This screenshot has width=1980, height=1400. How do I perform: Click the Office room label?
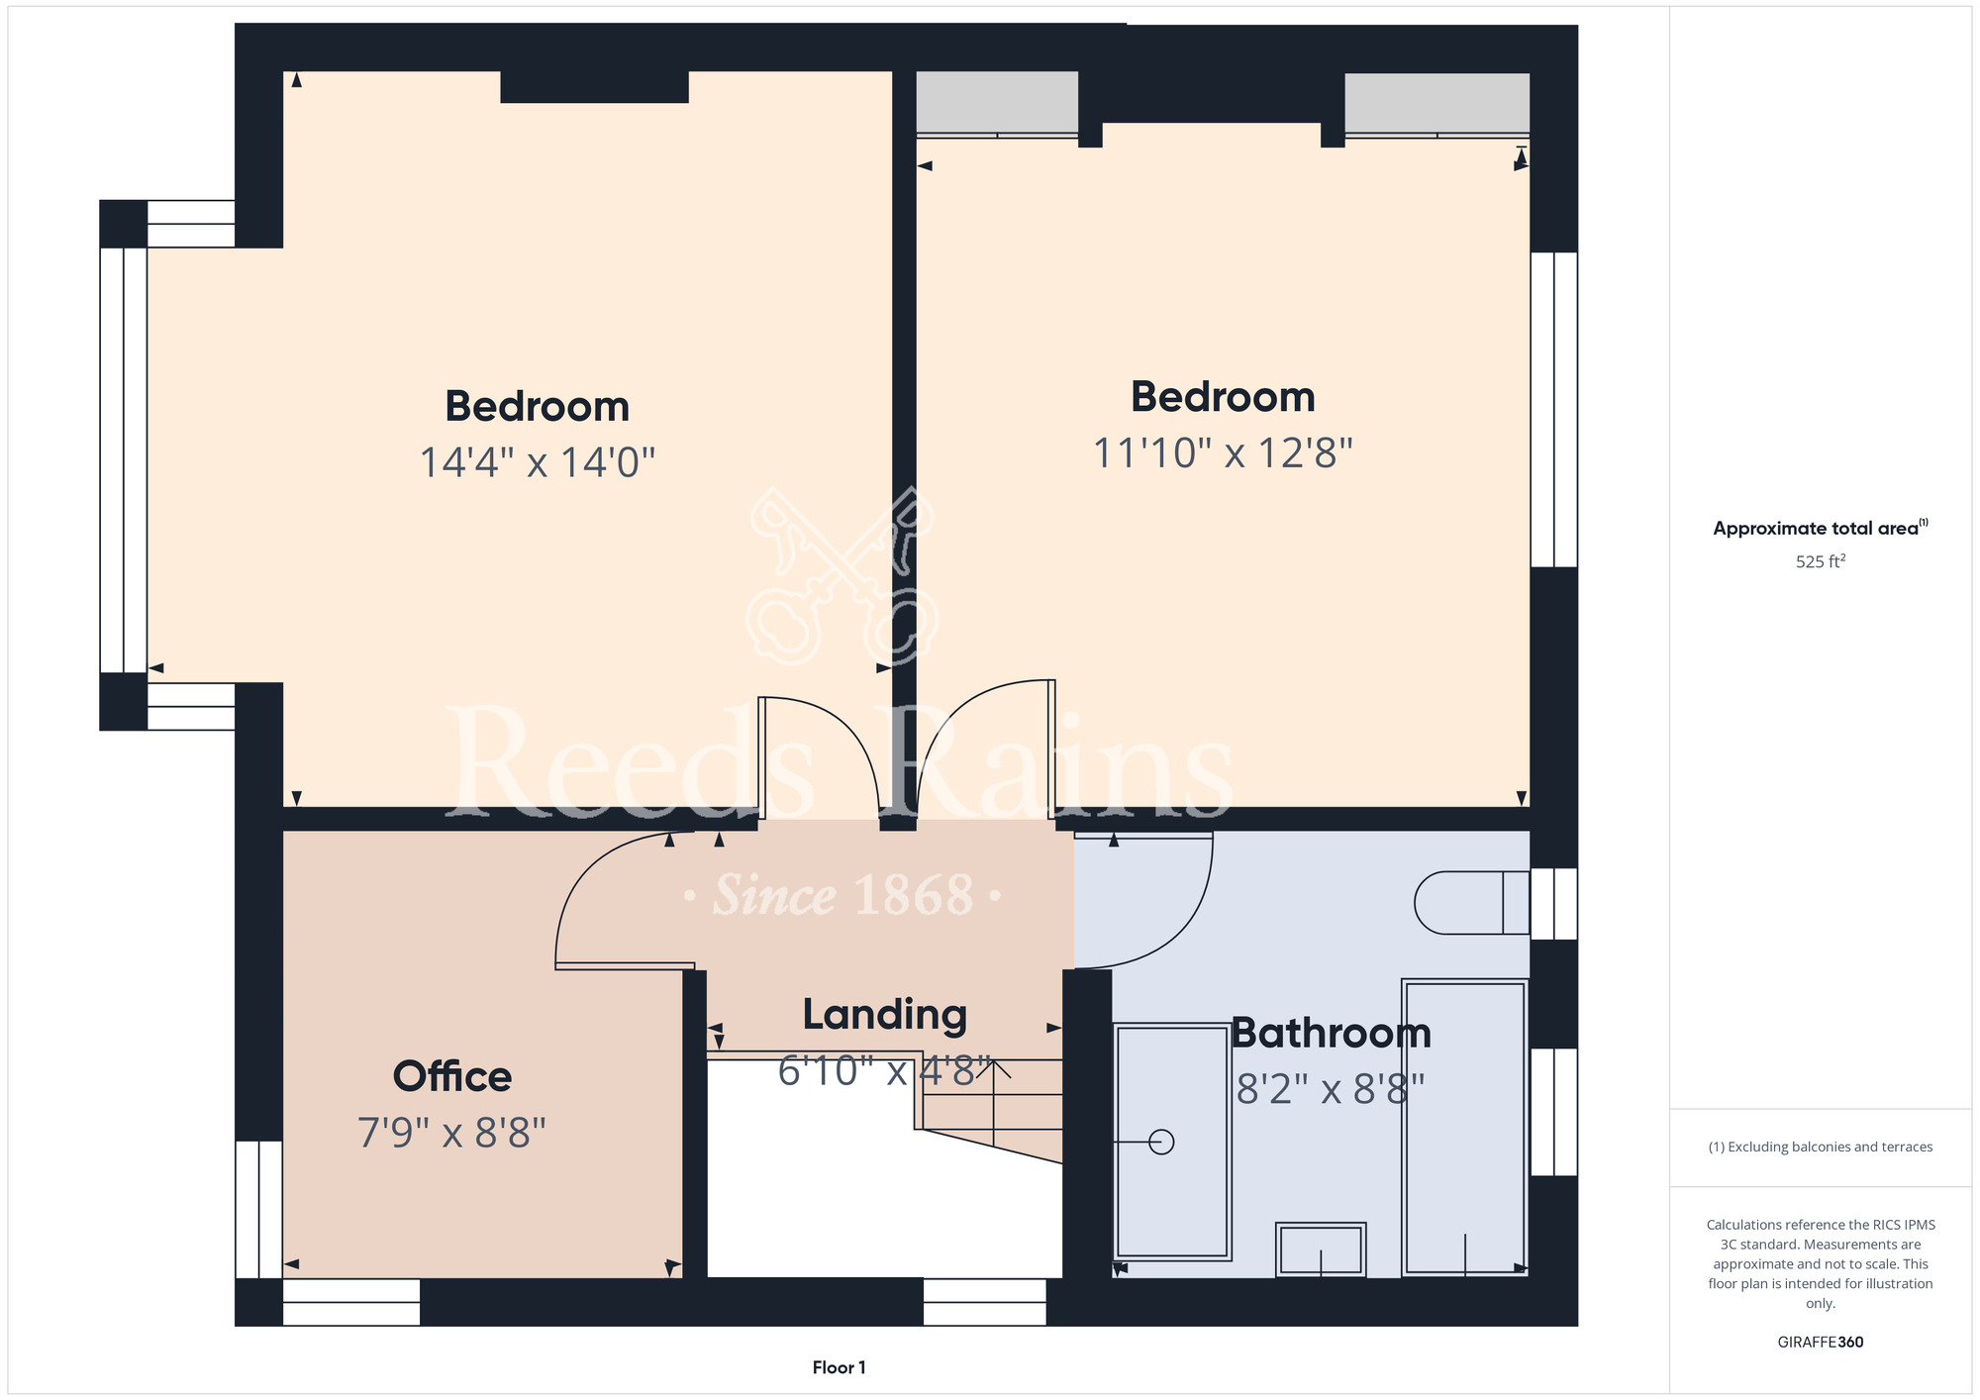452,1076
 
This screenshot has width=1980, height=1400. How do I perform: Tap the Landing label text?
884,1016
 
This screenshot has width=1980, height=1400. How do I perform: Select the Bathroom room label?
1331,1034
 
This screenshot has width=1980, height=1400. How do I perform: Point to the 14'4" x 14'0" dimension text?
538,462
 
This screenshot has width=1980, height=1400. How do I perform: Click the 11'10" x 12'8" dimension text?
1223,453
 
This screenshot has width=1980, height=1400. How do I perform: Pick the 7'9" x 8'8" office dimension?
451,1133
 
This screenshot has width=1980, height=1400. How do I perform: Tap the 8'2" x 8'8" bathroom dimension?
1331,1090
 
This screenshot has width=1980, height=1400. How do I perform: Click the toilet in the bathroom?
1472,903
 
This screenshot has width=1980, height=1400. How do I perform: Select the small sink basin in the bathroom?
1321,1250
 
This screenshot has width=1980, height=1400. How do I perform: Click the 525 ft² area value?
1821,561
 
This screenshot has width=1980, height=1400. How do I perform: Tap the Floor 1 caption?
839,1367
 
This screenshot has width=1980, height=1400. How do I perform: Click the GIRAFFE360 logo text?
1821,1343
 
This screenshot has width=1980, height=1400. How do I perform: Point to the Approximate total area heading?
1821,528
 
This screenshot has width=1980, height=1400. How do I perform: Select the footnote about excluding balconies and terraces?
1821,1147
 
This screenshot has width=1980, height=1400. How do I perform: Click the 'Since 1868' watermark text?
843,895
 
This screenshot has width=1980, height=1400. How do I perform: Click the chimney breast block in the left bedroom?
594,87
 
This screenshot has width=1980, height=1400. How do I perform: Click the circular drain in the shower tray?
1161,1143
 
